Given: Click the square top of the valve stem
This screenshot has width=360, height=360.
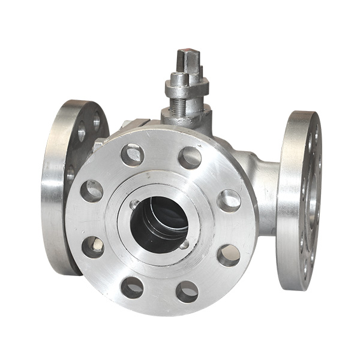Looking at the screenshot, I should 187,59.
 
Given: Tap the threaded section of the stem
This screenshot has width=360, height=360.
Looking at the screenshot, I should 180,105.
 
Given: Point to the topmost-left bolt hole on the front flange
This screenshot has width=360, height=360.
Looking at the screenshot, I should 132,155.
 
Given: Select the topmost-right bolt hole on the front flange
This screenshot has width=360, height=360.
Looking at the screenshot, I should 190,157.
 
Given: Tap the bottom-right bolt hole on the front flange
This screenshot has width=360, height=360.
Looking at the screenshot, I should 187,292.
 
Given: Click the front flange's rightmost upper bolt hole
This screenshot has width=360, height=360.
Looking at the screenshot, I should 229,200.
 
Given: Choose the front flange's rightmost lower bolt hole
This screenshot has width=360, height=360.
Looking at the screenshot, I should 228,255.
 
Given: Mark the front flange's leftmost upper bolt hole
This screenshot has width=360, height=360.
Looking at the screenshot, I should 92,191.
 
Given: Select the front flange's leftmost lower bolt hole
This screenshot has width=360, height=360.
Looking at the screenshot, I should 93,247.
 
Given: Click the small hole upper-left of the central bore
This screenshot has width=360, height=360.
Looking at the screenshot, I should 134,205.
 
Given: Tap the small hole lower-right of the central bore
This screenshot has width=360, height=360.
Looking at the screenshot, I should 184,244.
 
